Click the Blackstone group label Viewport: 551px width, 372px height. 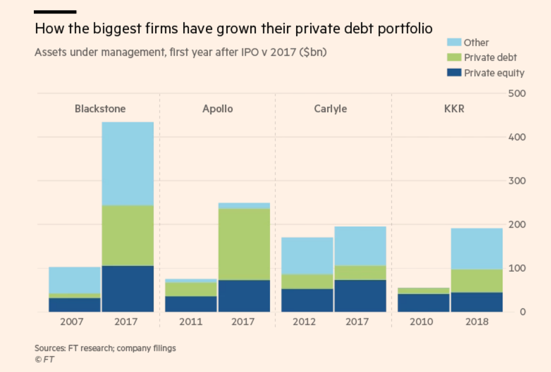(100, 109)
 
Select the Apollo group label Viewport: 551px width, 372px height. (217, 109)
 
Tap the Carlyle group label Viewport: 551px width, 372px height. (330, 109)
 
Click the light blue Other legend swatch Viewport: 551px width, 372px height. (455, 42)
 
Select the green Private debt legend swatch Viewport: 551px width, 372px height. (455, 57)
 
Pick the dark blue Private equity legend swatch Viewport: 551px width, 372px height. (455, 73)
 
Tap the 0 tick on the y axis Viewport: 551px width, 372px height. (523, 312)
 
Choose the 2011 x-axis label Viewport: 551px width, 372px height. (191, 322)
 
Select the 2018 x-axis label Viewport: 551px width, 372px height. (477, 322)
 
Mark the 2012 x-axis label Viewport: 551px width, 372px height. (307, 322)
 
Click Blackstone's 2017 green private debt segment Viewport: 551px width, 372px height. (127, 235)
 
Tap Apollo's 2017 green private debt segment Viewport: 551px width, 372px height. (244, 244)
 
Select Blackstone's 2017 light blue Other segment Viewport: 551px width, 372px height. (127, 163)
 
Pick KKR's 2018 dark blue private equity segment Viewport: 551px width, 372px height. (477, 302)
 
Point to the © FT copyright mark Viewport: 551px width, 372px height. (45, 360)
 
